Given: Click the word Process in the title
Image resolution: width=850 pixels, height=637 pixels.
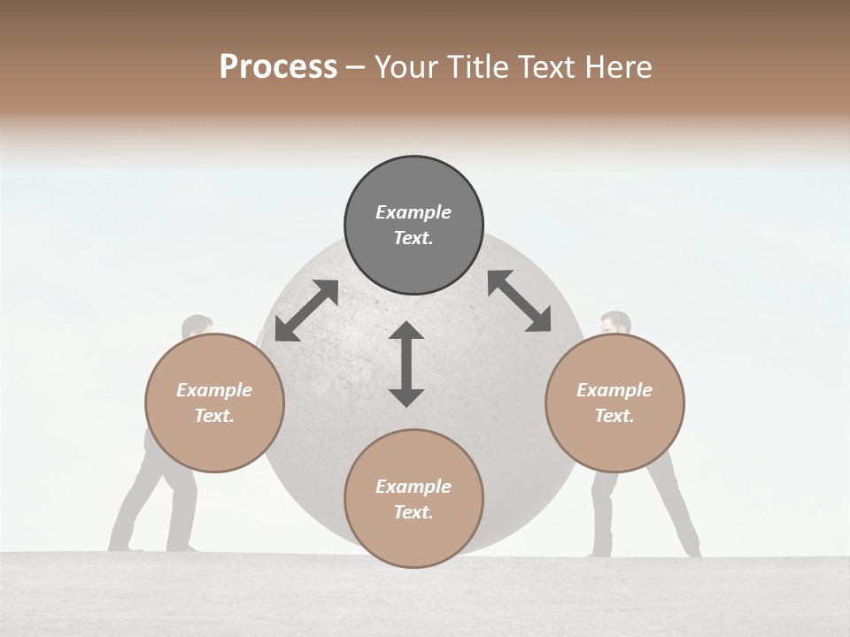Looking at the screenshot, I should (278, 67).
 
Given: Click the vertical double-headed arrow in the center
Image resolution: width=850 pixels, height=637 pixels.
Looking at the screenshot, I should (406, 364).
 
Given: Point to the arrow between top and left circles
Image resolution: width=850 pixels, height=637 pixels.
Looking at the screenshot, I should (306, 311).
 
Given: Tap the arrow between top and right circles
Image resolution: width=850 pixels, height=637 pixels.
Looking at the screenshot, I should (520, 301).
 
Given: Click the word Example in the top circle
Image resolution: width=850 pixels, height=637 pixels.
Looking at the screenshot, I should (413, 212).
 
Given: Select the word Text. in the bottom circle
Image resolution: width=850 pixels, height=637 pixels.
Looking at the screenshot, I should (413, 512).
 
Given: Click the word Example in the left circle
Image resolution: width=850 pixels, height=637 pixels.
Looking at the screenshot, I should (214, 390).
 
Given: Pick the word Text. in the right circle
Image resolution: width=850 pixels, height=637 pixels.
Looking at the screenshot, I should (614, 416).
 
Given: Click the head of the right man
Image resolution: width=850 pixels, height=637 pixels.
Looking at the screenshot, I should (614, 323).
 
